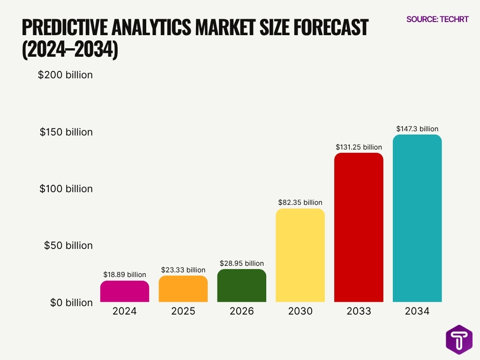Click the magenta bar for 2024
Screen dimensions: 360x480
tap(125, 291)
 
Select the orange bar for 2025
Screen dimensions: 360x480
tap(183, 289)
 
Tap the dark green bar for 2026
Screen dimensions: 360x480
tap(242, 285)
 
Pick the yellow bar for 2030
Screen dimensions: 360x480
tap(300, 255)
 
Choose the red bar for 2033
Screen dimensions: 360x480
tap(359, 227)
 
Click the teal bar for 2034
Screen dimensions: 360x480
tap(417, 218)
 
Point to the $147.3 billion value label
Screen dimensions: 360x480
tap(417, 128)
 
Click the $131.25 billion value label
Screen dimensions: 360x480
tap(359, 147)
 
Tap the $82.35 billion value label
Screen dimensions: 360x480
tap(300, 202)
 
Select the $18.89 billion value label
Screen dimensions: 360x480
tap(125, 275)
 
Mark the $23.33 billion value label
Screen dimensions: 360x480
tap(183, 270)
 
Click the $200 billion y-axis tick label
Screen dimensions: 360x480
tap(65, 75)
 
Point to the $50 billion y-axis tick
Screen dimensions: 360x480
tap(68, 246)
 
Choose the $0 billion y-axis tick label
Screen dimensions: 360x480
tap(71, 302)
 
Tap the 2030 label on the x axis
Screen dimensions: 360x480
tap(300, 311)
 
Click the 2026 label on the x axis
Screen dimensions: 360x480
tap(242, 311)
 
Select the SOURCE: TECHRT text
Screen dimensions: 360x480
tap(437, 19)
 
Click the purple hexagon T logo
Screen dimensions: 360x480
tap(459, 339)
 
